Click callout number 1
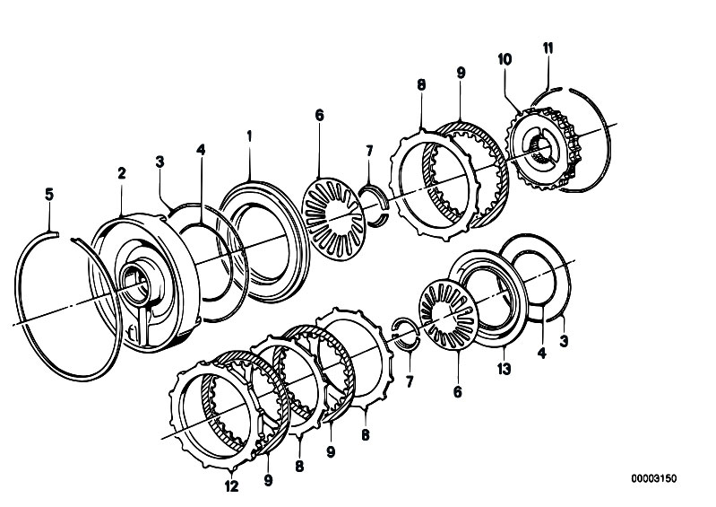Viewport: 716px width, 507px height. pyautogui.click(x=249, y=136)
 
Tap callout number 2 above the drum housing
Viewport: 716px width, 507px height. pyautogui.click(x=122, y=173)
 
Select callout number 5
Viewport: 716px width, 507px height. pyautogui.click(x=49, y=195)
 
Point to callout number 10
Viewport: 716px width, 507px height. pyautogui.click(x=505, y=59)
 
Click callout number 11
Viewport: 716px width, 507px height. pyautogui.click(x=548, y=48)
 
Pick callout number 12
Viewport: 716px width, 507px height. pyautogui.click(x=232, y=486)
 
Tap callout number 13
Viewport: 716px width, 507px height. pyautogui.click(x=505, y=369)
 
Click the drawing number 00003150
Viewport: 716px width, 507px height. pyautogui.click(x=654, y=478)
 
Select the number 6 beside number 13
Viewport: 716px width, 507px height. pyautogui.click(x=458, y=392)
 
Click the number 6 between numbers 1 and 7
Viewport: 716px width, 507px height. pyautogui.click(x=319, y=116)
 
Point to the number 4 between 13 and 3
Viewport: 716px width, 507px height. pyautogui.click(x=542, y=353)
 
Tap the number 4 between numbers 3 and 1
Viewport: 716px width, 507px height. pyautogui.click(x=201, y=150)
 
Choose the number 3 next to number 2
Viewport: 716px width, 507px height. pyautogui.click(x=160, y=162)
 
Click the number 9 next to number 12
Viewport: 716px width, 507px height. pyautogui.click(x=268, y=480)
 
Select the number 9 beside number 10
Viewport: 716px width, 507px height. pyautogui.click(x=461, y=73)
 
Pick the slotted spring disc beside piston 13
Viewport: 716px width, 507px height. pyautogui.click(x=448, y=315)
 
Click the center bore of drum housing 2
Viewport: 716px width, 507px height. pyautogui.click(x=134, y=284)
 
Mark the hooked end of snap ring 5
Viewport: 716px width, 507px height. pyautogui.click(x=55, y=234)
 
